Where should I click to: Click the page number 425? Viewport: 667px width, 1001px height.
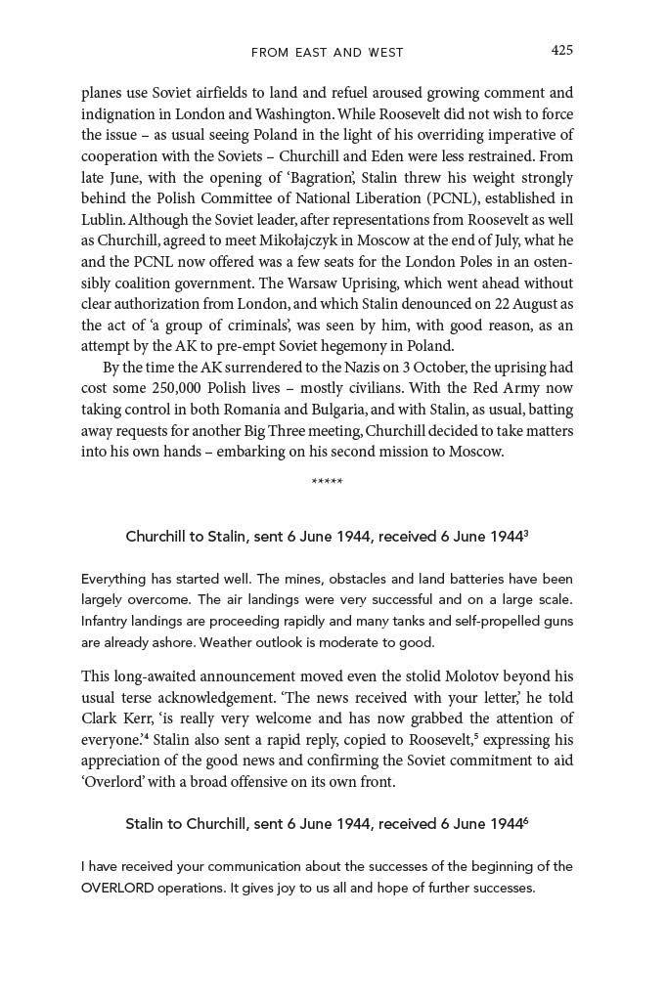(561, 51)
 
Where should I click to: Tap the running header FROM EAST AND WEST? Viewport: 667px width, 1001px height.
(327, 52)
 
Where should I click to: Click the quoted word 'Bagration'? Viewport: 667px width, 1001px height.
(325, 178)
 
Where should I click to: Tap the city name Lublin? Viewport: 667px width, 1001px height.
(103, 220)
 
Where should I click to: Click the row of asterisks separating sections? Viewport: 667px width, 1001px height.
(327, 482)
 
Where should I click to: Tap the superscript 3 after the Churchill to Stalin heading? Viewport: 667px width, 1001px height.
(526, 533)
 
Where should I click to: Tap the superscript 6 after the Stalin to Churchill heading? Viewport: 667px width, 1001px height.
(526, 820)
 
